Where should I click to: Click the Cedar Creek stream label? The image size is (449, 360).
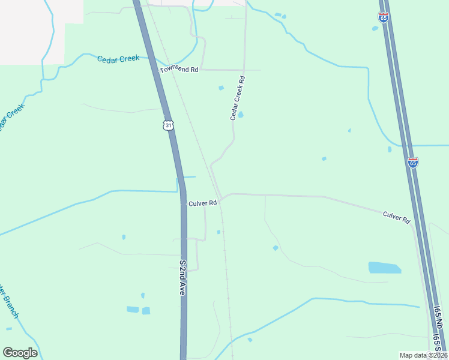pos(118,58)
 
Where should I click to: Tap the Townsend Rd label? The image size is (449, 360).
pos(179,70)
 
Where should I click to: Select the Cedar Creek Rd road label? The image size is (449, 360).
pos(238,98)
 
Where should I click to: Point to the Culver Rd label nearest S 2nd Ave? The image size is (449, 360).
pos(202,203)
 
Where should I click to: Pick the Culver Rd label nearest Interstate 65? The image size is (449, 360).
pos(396,217)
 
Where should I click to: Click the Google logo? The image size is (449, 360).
pos(20,352)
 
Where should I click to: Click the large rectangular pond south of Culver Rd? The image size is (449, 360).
pos(384,268)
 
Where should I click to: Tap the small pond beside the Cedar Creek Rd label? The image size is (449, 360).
pos(241,115)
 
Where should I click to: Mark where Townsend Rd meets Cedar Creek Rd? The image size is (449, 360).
pos(244,70)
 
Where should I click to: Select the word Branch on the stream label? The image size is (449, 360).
pos(10,305)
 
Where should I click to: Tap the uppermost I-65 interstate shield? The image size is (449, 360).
pos(383,17)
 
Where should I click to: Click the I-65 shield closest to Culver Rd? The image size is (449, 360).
pos(412,162)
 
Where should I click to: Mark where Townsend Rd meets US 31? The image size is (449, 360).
pos(158,70)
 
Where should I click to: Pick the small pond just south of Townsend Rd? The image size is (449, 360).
pos(221,88)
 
